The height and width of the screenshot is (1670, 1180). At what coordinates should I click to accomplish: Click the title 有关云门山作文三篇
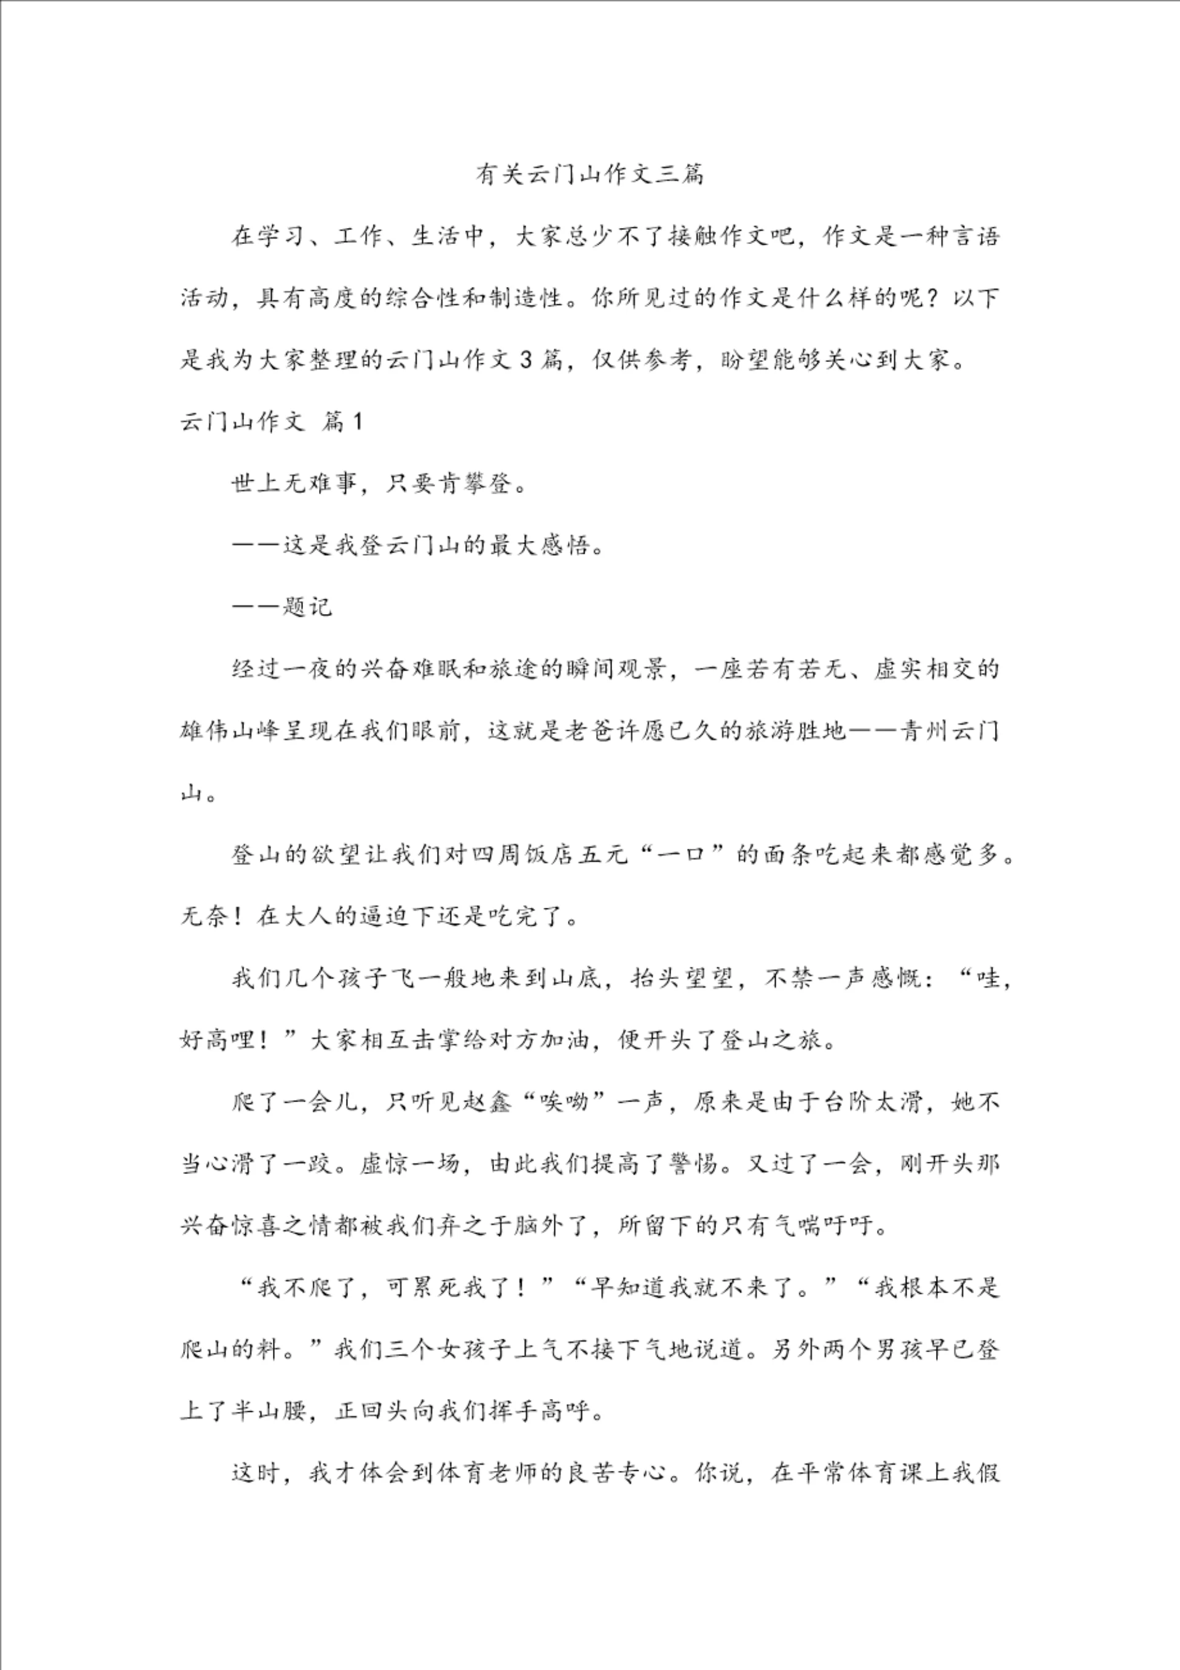point(589,175)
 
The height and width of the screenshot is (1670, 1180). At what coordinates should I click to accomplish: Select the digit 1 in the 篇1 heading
point(356,422)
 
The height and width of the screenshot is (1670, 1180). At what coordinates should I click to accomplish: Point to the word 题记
point(308,607)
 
